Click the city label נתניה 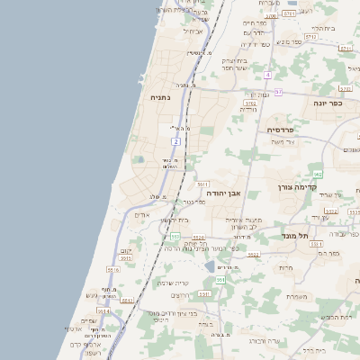click(158, 96)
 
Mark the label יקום click(125, 251)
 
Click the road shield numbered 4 click(268, 75)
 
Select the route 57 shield click(278, 92)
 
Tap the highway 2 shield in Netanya click(177, 141)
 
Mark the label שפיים click(87, 320)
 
